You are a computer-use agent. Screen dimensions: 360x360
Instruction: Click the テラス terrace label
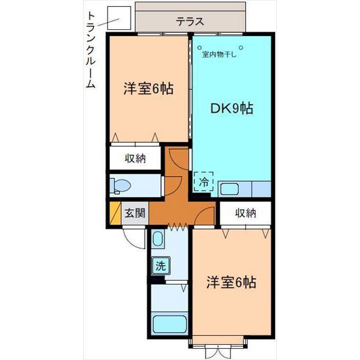click(x=190, y=22)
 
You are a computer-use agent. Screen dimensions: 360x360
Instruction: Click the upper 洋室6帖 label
click(x=148, y=88)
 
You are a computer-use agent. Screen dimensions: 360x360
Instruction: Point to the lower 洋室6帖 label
click(x=231, y=282)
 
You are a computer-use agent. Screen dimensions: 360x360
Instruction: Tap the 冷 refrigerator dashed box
click(x=204, y=182)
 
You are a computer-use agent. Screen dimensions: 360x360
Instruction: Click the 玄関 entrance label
click(x=135, y=213)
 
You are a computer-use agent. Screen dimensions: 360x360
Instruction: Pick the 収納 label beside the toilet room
click(x=135, y=159)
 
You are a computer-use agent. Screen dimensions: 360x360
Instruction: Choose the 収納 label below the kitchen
click(x=246, y=213)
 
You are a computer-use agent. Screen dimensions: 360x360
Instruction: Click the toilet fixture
click(x=120, y=185)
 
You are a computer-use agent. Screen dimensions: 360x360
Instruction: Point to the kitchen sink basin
click(x=229, y=188)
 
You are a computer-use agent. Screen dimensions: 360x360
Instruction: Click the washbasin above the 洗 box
click(x=157, y=239)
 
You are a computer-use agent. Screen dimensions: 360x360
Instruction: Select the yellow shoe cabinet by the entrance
click(x=115, y=213)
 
